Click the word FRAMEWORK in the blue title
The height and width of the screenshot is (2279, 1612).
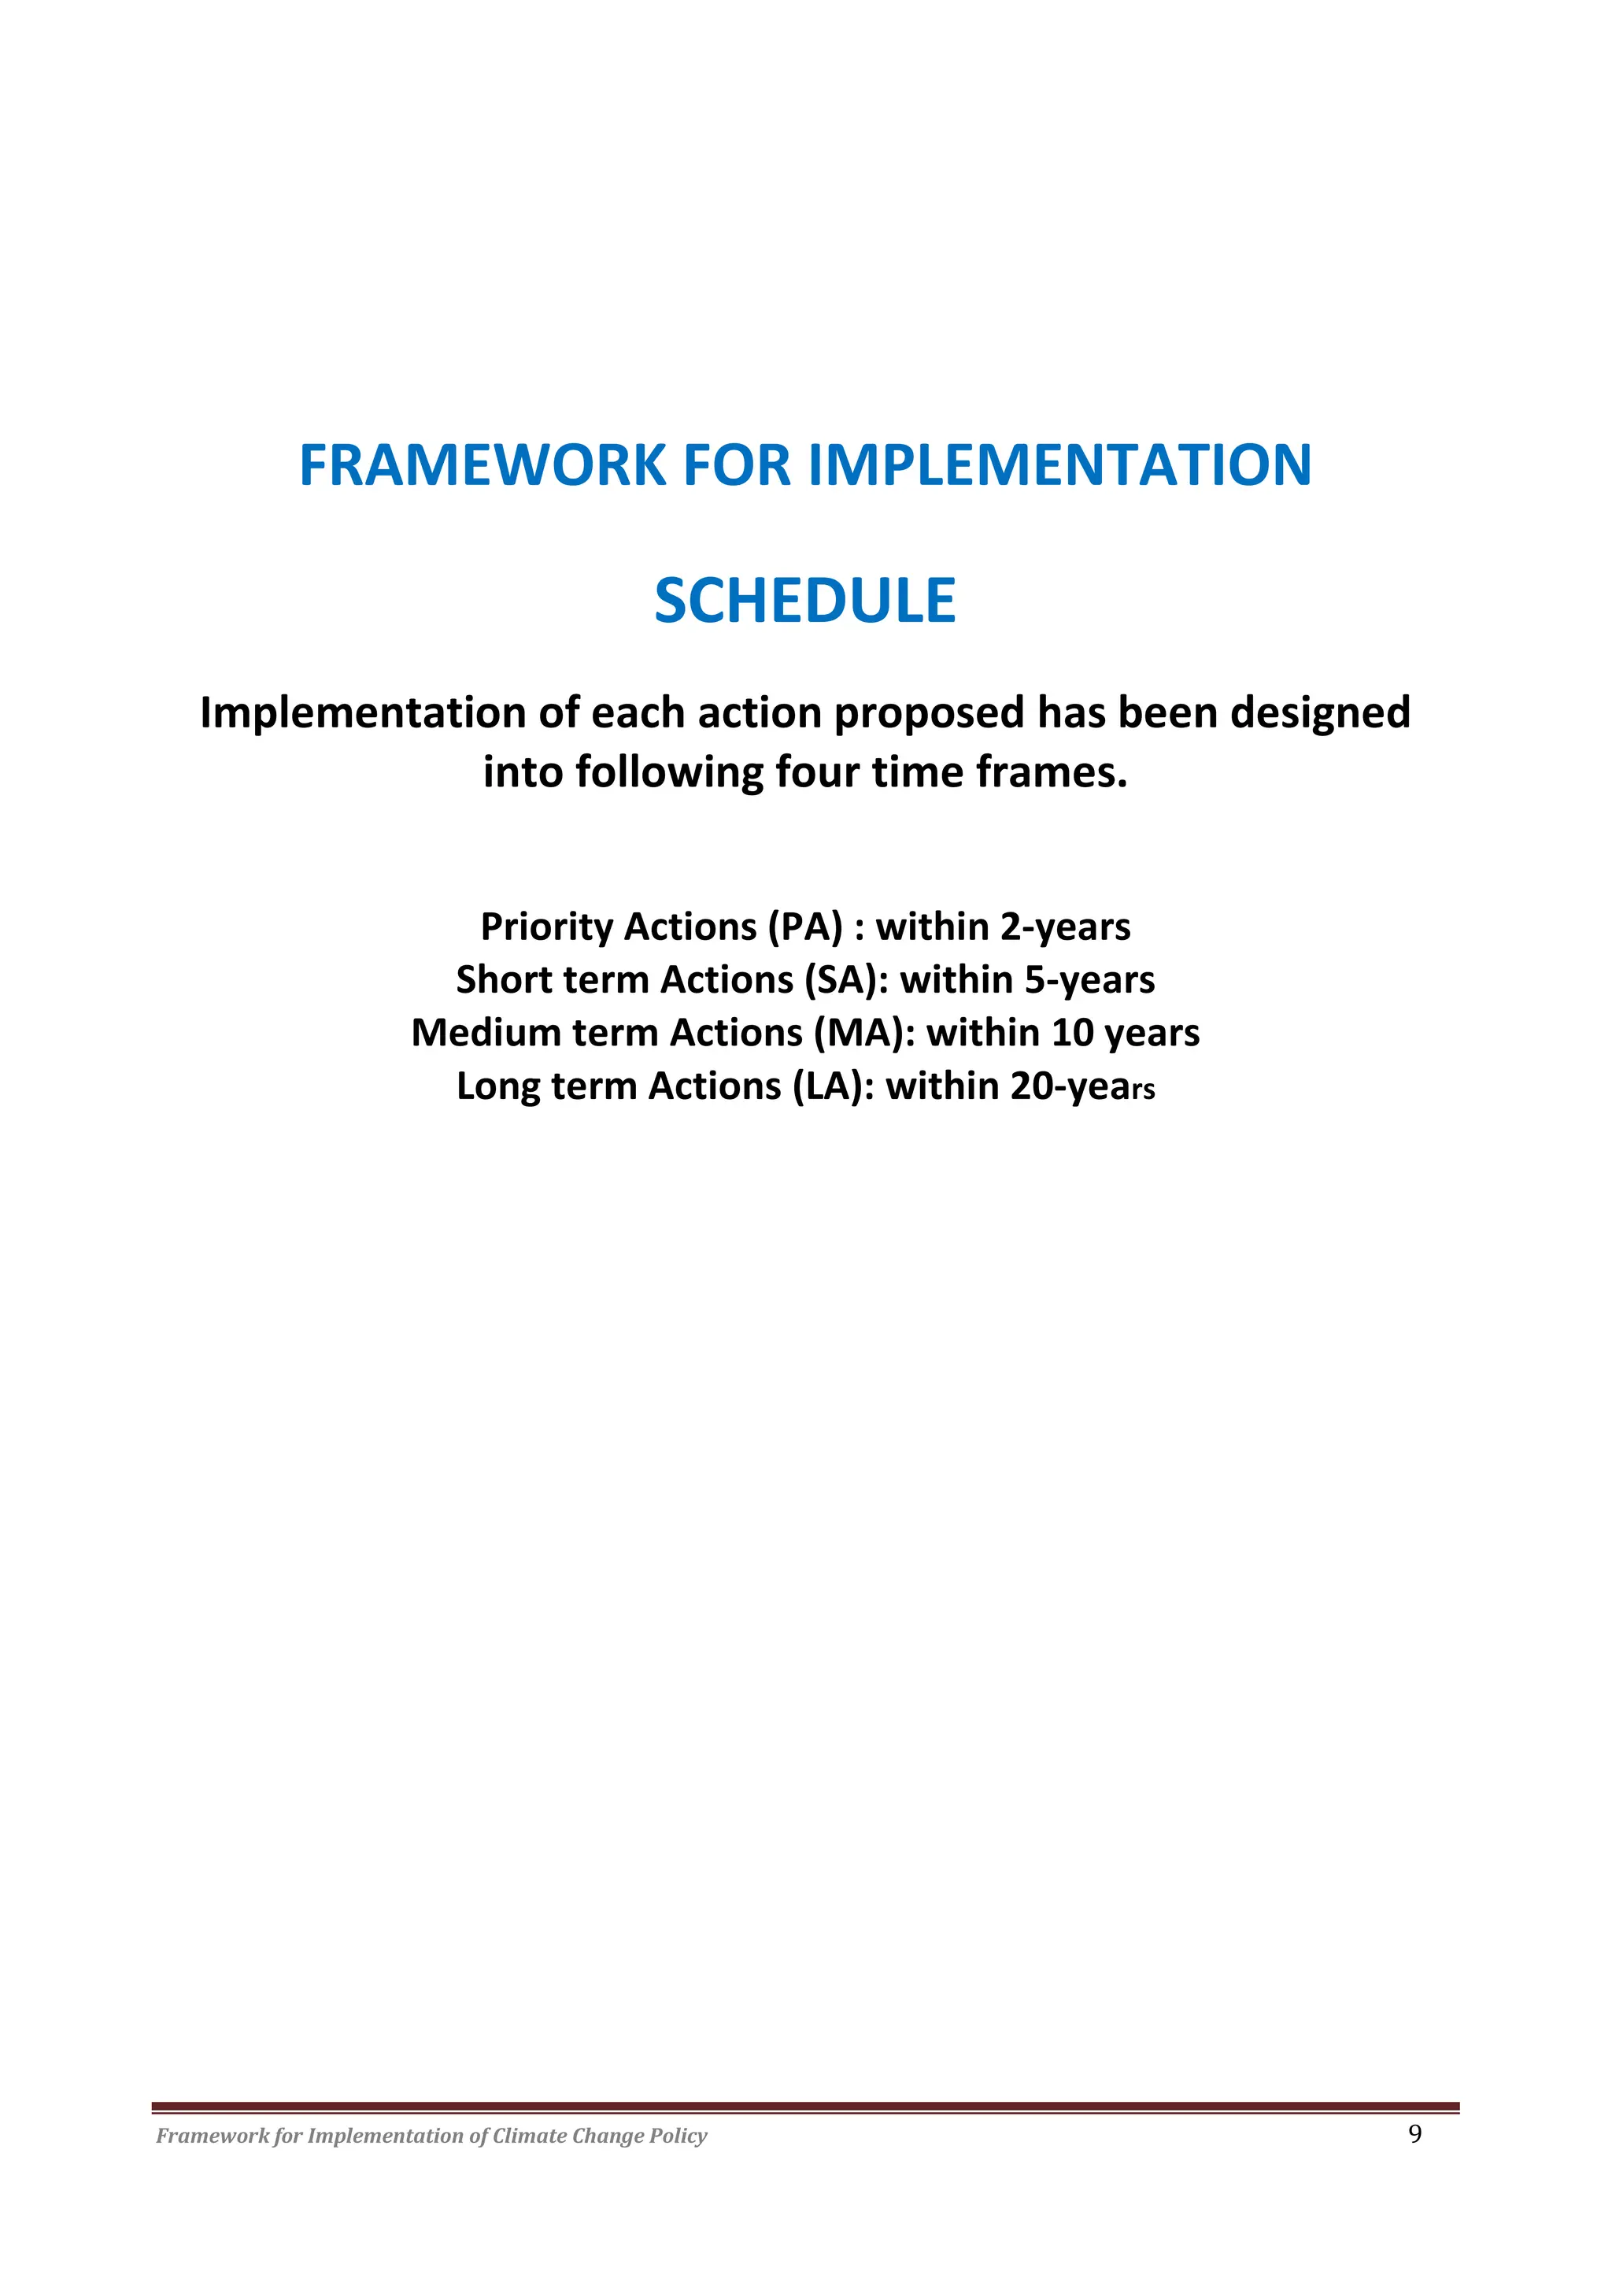(482, 464)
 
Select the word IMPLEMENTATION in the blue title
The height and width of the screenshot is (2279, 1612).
(1060, 464)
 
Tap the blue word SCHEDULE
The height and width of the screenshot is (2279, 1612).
(805, 601)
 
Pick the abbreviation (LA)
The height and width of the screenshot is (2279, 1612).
(833, 1086)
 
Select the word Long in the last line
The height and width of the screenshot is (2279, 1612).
(498, 1086)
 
